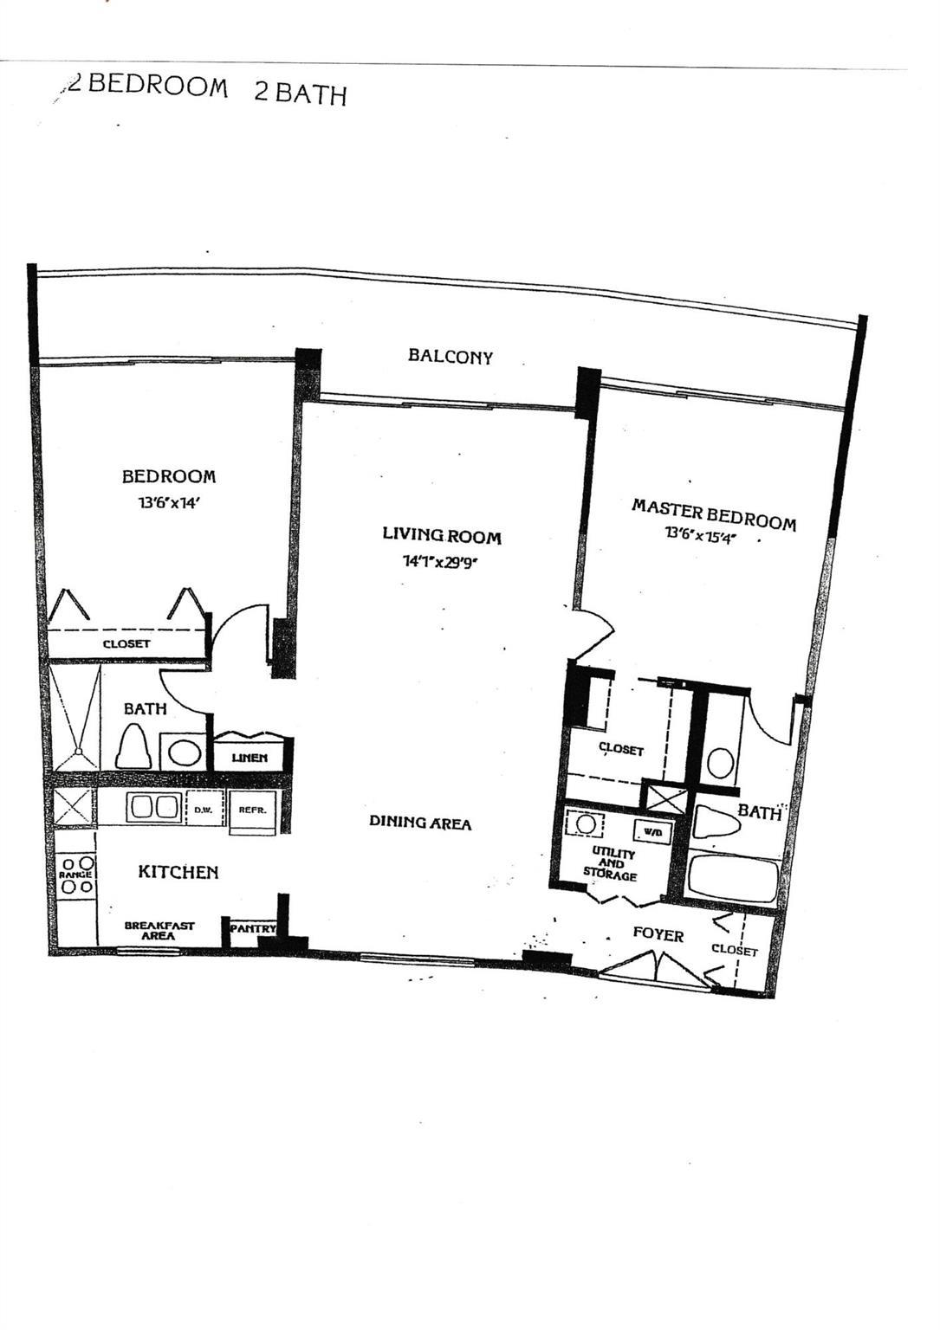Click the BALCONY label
tap(451, 356)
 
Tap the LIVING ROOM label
tap(442, 535)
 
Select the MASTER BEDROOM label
tap(713, 513)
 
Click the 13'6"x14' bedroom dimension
tap(169, 502)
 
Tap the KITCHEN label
tap(178, 872)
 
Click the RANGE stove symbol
tap(75, 875)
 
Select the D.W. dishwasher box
tap(204, 809)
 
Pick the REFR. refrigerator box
tap(253, 810)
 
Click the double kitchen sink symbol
tap(153, 807)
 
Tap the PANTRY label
tap(253, 928)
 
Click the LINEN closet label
tap(250, 758)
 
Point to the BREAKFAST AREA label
tap(159, 930)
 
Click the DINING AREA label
tap(420, 822)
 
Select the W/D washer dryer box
tap(652, 832)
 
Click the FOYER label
tap(658, 934)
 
